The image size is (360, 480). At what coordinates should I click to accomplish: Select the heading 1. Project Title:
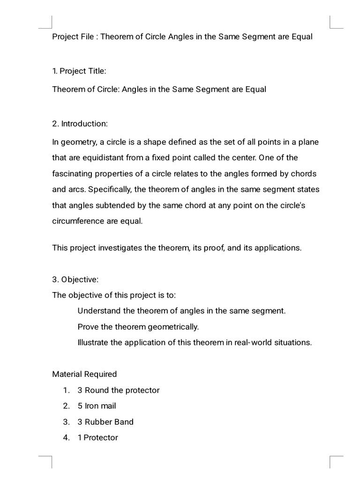point(79,71)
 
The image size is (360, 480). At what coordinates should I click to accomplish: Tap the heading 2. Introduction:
point(80,124)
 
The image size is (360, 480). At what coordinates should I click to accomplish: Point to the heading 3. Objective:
point(75,279)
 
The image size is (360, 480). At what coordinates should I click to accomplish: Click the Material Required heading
point(84,374)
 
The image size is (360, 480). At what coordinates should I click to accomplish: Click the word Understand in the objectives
point(98,310)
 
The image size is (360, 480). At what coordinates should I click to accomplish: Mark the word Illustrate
point(93,342)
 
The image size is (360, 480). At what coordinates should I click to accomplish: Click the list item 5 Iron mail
point(97,406)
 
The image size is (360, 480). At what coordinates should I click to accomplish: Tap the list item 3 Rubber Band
point(105,422)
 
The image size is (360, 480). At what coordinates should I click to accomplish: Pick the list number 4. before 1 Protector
point(67,438)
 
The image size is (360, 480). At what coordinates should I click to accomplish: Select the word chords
point(303,173)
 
